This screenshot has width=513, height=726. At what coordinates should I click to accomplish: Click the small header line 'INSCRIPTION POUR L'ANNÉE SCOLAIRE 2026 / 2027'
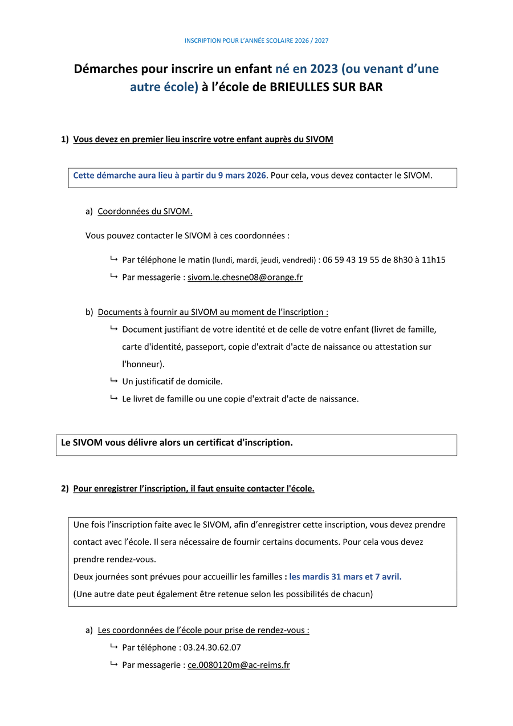(x=256, y=41)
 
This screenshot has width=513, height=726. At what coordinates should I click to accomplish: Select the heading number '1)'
(x=65, y=139)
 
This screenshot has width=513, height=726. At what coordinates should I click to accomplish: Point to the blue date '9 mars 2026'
(x=242, y=175)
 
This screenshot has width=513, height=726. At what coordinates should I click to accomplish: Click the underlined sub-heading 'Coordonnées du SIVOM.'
(x=145, y=211)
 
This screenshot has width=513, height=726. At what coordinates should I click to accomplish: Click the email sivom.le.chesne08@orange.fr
(x=245, y=277)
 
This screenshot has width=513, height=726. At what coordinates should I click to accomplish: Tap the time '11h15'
(x=434, y=259)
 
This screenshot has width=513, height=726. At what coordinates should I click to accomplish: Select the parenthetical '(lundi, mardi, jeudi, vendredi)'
(x=264, y=260)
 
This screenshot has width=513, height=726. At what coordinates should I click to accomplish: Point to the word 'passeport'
(x=205, y=347)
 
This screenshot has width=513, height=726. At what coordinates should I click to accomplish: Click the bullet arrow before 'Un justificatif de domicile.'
(x=114, y=380)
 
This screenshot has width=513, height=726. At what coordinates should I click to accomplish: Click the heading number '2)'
(x=65, y=488)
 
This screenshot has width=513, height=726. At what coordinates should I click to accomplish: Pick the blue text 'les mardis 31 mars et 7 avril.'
(x=345, y=577)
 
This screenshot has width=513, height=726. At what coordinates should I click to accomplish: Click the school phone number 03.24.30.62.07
(x=212, y=647)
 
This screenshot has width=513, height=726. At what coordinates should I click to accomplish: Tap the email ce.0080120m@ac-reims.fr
(x=239, y=665)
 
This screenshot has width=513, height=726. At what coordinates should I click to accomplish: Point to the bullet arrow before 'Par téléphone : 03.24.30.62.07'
(x=114, y=647)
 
